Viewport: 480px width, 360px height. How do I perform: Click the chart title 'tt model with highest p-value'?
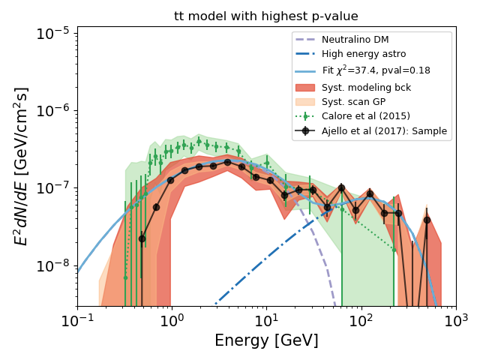pyautogui.click(x=266, y=16)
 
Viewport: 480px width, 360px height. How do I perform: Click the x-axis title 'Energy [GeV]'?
pyautogui.click(x=266, y=340)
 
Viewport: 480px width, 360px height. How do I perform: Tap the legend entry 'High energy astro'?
pyautogui.click(x=364, y=54)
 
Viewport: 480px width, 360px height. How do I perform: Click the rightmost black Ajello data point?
pyautogui.click(x=427, y=220)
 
